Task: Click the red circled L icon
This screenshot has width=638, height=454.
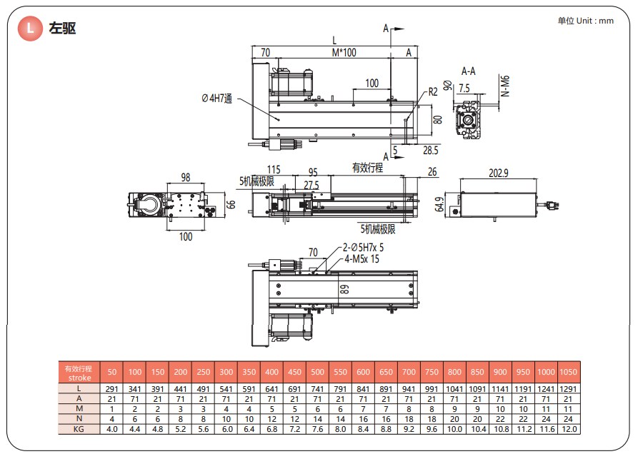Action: [30, 29]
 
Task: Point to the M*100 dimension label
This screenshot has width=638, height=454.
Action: [344, 52]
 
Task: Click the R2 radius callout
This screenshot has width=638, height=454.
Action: [433, 92]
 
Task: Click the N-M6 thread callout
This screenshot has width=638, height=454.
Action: [505, 86]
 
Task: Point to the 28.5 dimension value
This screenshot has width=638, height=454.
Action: [430, 151]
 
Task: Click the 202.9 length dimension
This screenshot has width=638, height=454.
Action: [498, 173]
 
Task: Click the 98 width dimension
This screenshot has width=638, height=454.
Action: [186, 178]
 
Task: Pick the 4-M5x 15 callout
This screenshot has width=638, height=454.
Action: [362, 259]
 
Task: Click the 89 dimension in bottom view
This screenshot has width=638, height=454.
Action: [344, 290]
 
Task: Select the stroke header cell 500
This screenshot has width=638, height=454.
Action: [316, 372]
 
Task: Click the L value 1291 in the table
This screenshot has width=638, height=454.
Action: [568, 388]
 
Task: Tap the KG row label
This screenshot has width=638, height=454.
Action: [79, 429]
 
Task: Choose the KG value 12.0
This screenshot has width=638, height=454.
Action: [568, 429]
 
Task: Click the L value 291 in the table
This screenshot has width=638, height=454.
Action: [112, 388]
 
